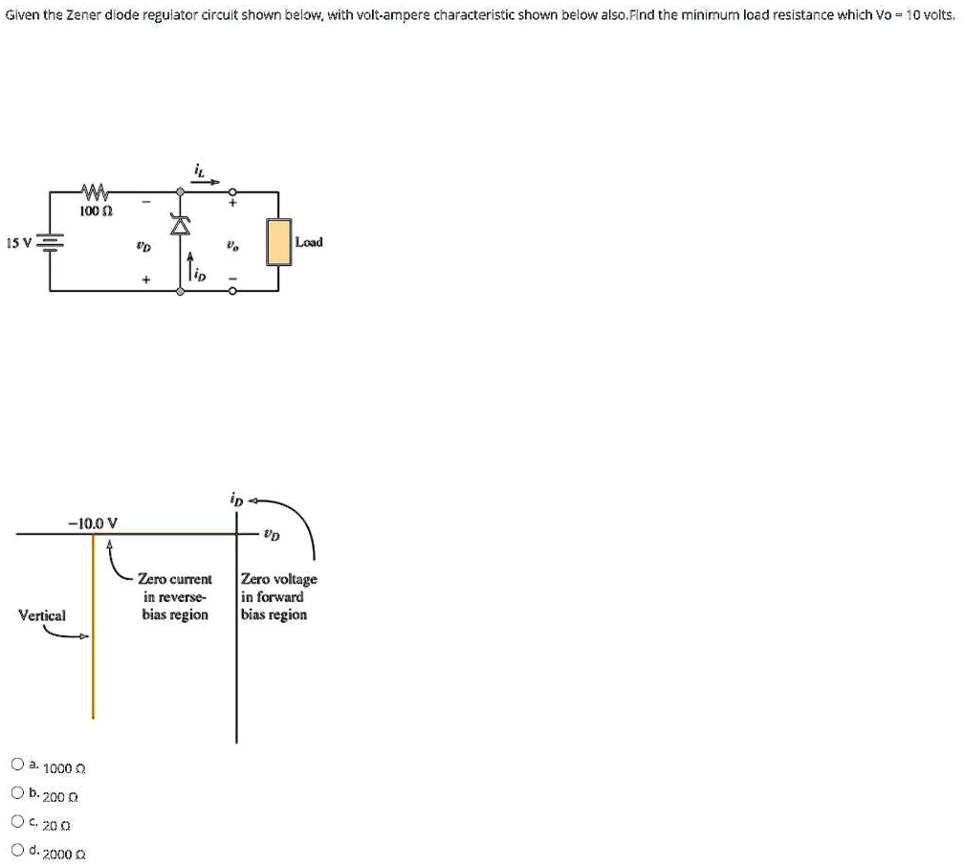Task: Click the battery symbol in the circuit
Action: [50, 243]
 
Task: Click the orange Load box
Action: [279, 242]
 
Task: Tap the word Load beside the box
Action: [309, 242]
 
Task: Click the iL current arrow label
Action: [199, 171]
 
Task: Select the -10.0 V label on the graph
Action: [93, 522]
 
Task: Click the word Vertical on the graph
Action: [42, 615]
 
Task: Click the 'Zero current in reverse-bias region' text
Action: [174, 597]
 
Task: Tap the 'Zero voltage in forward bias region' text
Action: [278, 597]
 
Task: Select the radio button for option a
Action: [17, 765]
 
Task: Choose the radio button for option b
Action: [17, 792]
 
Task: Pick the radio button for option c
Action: [17, 820]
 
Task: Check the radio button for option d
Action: [17, 849]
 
